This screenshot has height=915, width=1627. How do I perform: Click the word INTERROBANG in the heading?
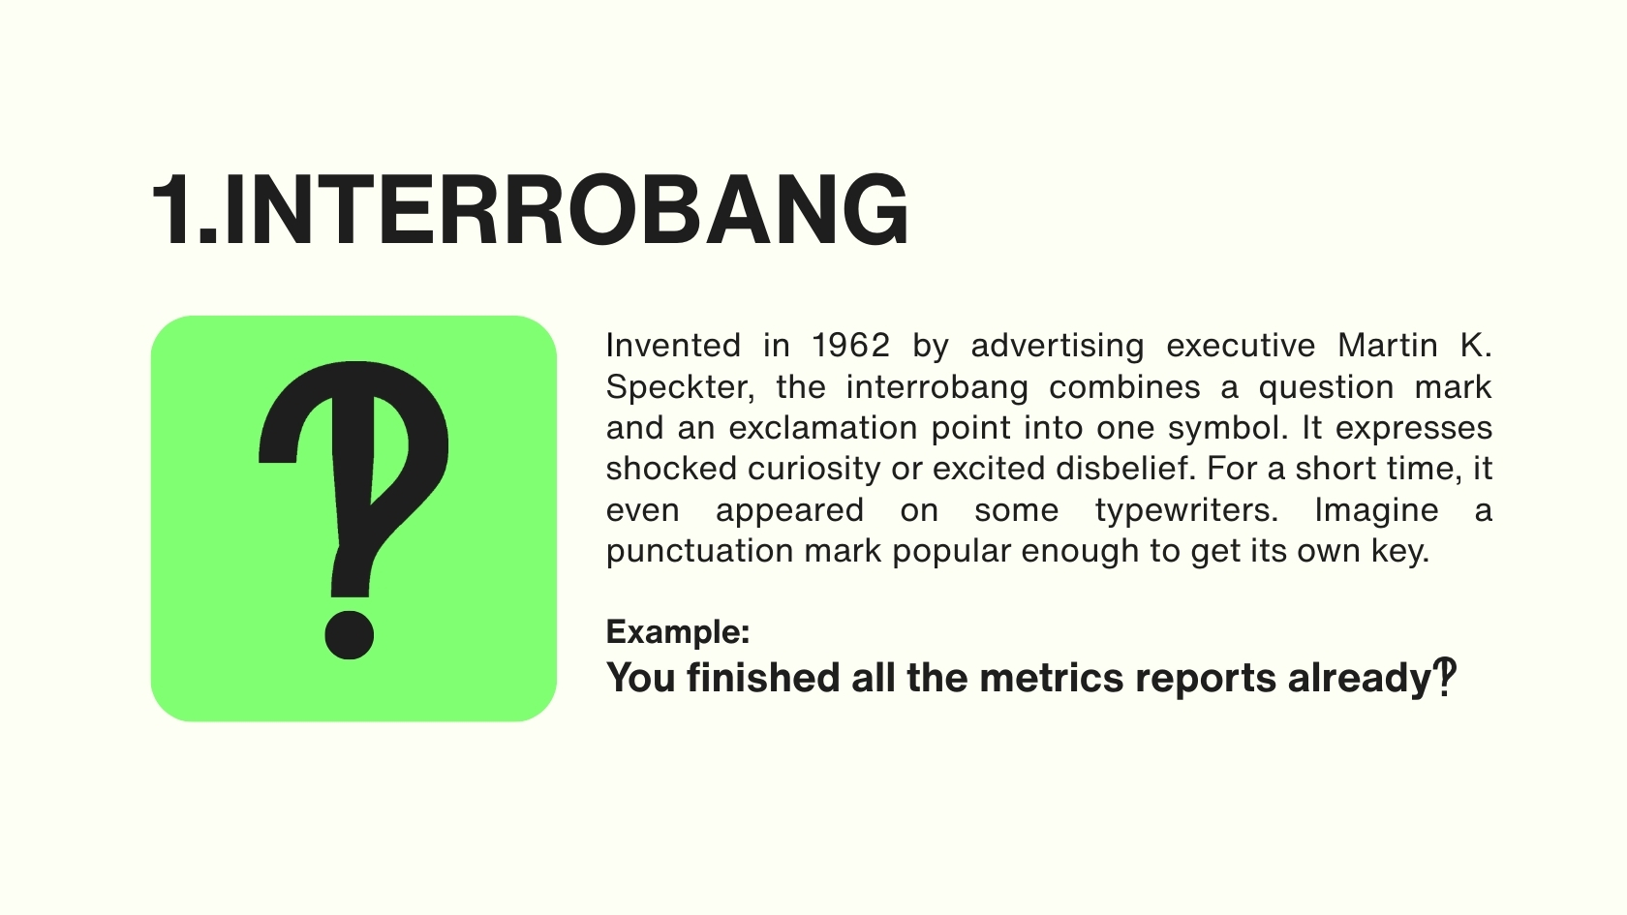click(x=567, y=211)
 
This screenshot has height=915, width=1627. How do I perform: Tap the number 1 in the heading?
click(x=172, y=211)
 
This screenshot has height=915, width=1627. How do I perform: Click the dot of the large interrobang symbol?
click(x=350, y=635)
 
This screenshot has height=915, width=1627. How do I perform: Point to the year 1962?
click(x=850, y=345)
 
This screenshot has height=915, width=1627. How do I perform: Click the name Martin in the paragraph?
click(x=1387, y=345)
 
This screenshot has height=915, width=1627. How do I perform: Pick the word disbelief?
click(x=1125, y=469)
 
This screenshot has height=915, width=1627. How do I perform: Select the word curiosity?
click(x=814, y=470)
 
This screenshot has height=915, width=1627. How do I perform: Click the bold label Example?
click(x=678, y=632)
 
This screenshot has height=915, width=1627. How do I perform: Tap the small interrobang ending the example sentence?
click(x=1445, y=677)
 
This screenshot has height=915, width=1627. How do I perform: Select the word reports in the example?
click(x=1206, y=679)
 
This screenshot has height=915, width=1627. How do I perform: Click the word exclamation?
click(x=823, y=428)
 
